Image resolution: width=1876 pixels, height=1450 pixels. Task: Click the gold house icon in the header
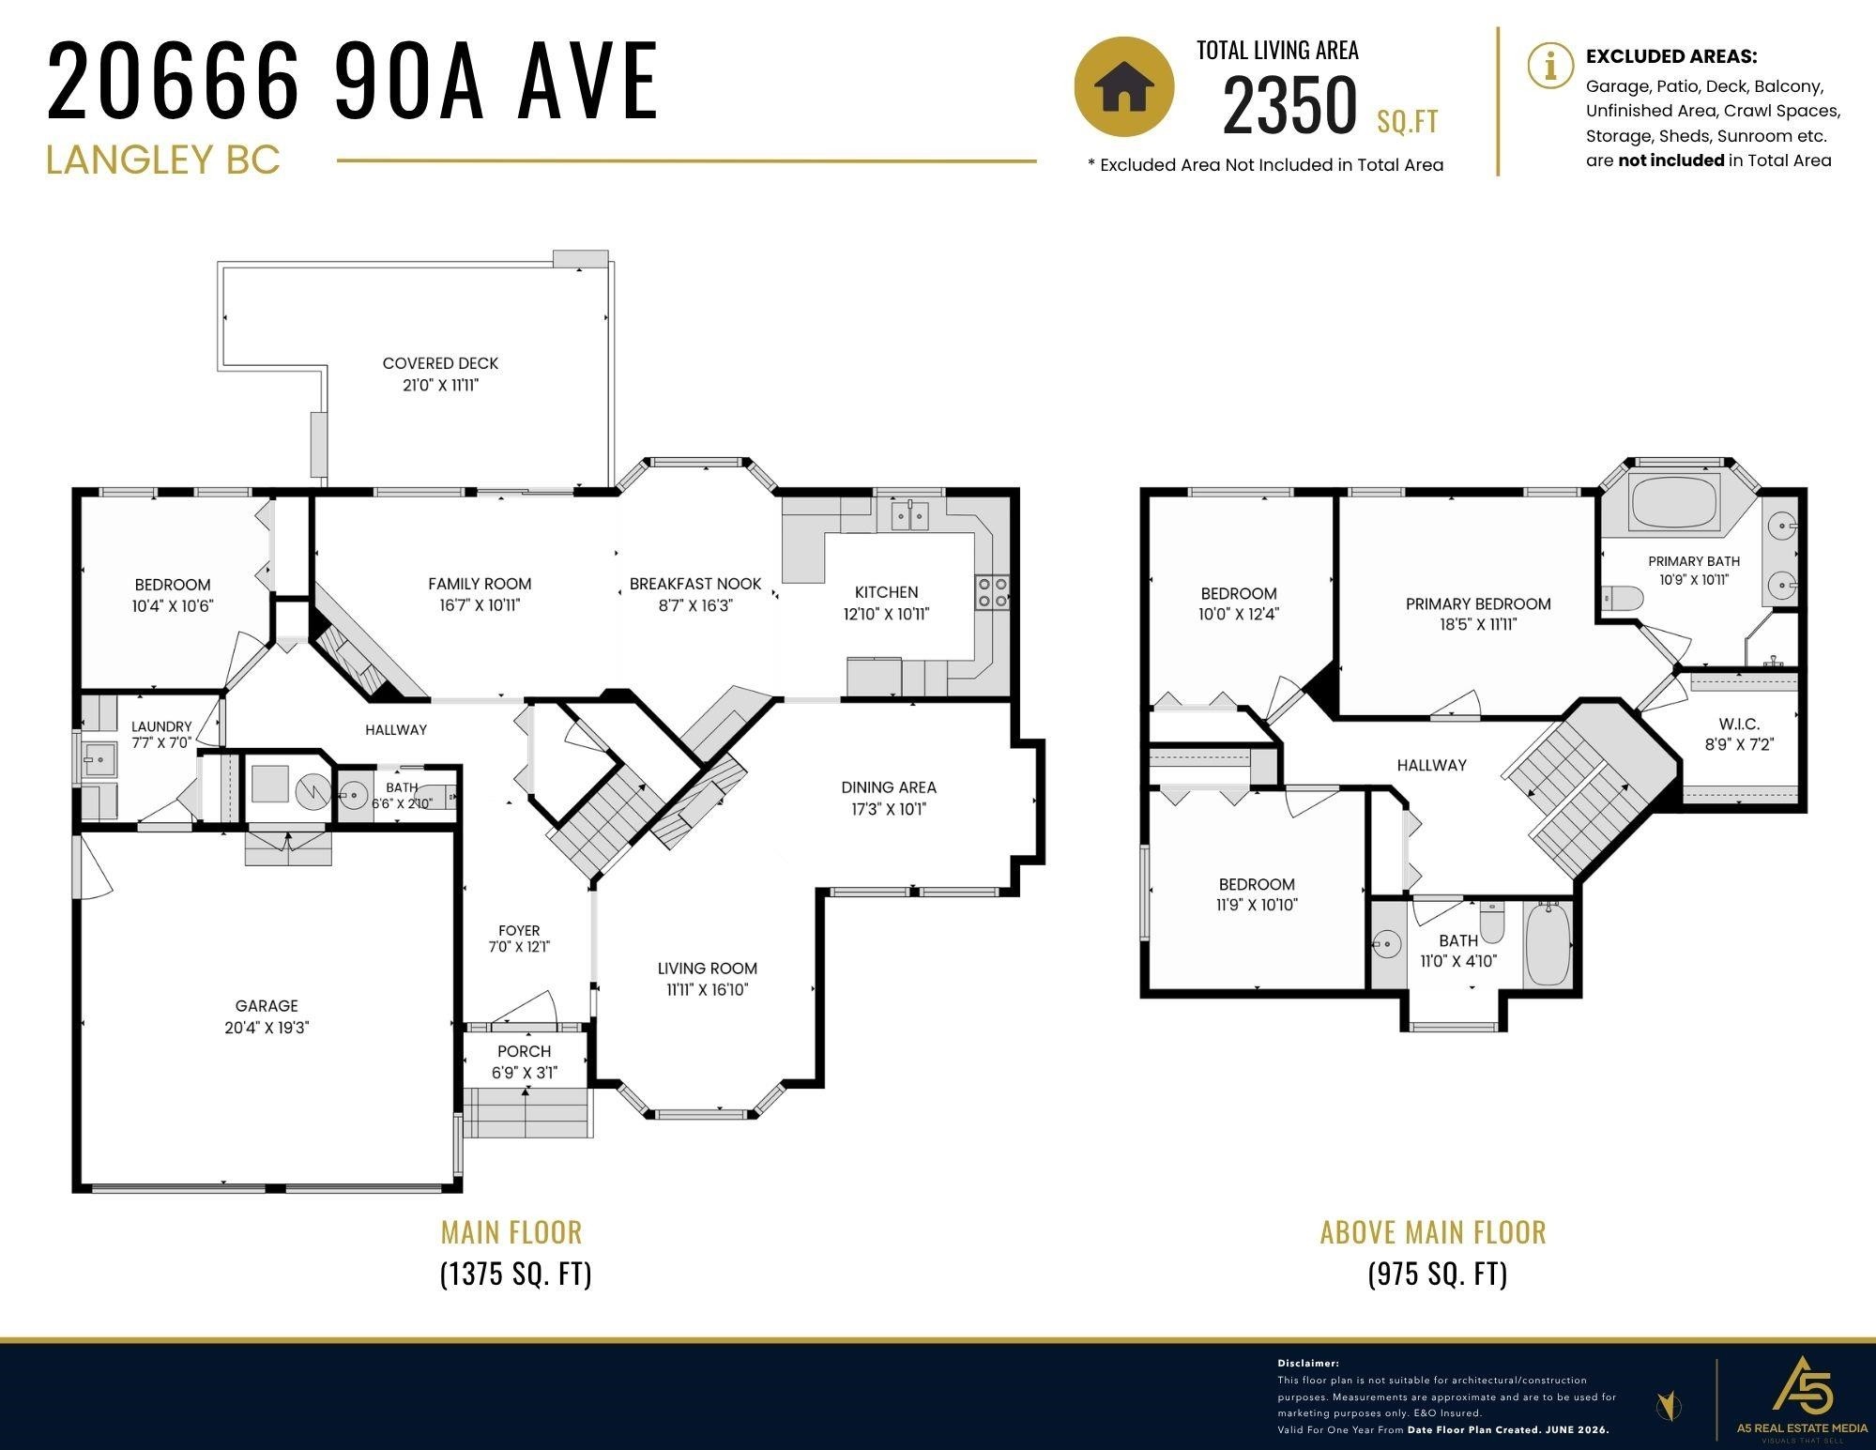click(1123, 86)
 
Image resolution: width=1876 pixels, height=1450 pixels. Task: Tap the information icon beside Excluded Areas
click(1550, 66)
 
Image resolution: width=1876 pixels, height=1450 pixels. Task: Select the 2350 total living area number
click(1290, 105)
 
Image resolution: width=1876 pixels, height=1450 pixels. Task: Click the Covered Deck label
click(440, 363)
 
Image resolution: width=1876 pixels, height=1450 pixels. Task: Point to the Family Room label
click(480, 584)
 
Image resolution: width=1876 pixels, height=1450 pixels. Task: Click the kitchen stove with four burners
click(992, 592)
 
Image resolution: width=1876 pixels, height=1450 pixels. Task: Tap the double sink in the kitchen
click(909, 515)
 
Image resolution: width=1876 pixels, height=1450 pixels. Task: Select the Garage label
click(267, 1005)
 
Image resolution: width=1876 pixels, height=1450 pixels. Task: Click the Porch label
click(525, 1051)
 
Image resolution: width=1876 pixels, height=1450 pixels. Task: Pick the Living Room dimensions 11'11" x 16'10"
click(707, 989)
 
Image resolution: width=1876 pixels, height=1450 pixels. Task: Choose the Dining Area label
click(889, 787)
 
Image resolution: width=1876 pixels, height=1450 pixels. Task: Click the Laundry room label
click(161, 726)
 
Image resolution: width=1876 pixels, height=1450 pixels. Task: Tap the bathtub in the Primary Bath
click(1676, 503)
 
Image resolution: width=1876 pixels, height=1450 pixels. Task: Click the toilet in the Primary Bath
click(1624, 598)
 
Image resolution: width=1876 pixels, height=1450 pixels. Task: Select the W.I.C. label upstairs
click(1739, 725)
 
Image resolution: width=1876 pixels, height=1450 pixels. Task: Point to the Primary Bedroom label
click(1478, 603)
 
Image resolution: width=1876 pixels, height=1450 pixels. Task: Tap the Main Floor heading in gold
click(511, 1231)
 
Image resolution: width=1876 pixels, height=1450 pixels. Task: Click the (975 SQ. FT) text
click(1438, 1274)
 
